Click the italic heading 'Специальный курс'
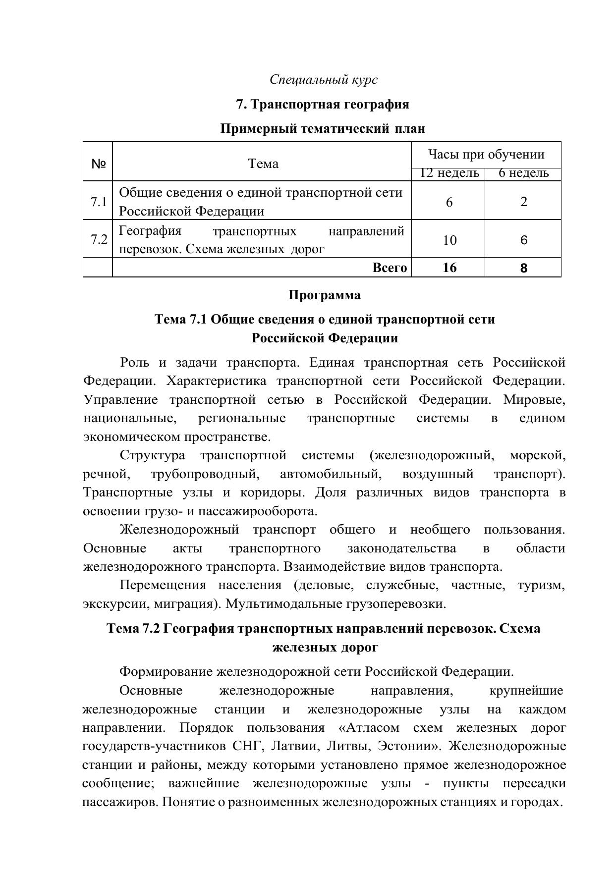click(x=323, y=79)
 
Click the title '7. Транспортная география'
click(x=323, y=104)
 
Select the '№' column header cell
click(x=98, y=163)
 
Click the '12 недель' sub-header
click(x=449, y=173)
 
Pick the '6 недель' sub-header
click(x=523, y=173)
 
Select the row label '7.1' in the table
click(x=99, y=202)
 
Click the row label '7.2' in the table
click(x=99, y=240)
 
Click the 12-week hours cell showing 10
click(x=449, y=240)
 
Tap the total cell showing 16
click(x=449, y=268)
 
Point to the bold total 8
click(x=524, y=268)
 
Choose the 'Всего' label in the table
click(x=390, y=268)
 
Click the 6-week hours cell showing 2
click(x=524, y=202)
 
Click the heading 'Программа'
click(x=324, y=295)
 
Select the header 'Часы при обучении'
click(x=486, y=155)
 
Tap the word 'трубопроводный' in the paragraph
click(x=205, y=474)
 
